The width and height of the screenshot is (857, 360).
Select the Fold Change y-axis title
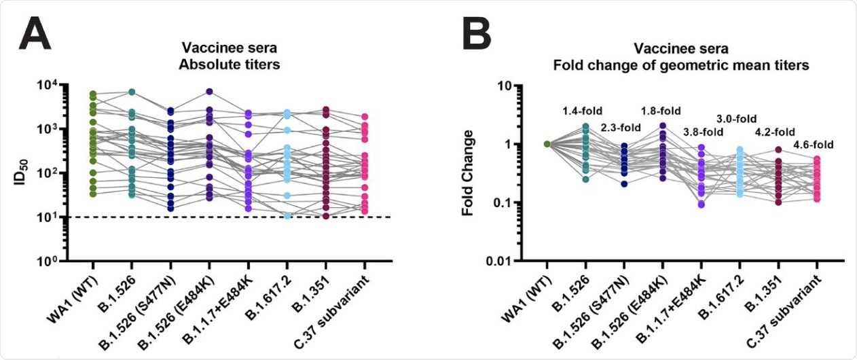(x=468, y=173)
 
